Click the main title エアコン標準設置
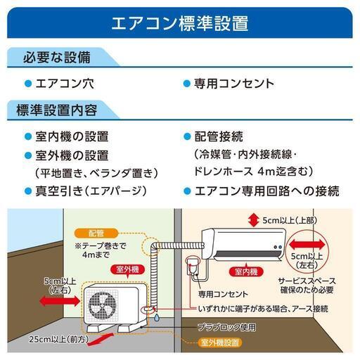point(180,23)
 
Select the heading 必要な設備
point(57,58)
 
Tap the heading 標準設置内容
point(57,110)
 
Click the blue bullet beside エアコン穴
point(28,84)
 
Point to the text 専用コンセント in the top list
point(234,84)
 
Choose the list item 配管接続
point(219,136)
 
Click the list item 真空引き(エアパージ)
point(91,191)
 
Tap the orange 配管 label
point(96,233)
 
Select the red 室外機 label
point(128,270)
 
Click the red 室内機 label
point(246,272)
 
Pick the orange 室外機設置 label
point(220,343)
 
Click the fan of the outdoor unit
point(102,304)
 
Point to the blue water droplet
point(157,319)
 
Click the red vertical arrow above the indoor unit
point(253,221)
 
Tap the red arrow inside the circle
point(307,245)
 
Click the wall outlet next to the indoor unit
point(192,266)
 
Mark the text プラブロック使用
point(226,327)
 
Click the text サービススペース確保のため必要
point(307,285)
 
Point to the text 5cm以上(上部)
point(290,221)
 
